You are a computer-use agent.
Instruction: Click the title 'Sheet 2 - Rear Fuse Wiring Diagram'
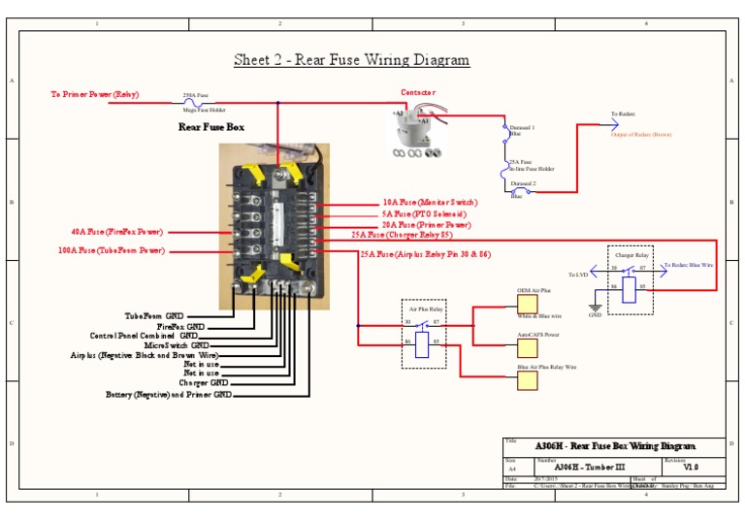tap(351, 60)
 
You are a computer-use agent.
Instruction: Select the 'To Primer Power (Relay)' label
tap(95, 95)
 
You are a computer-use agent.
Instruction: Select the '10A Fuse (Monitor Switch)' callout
tap(430, 203)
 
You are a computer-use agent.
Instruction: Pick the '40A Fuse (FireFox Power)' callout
tap(116, 232)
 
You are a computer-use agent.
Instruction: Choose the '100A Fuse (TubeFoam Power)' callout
tap(111, 250)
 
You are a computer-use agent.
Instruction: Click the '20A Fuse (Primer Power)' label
tap(426, 224)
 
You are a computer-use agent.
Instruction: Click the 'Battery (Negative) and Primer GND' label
tap(169, 395)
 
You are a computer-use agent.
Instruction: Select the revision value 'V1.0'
tap(690, 467)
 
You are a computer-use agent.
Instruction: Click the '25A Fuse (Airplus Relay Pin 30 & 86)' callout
tap(425, 254)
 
